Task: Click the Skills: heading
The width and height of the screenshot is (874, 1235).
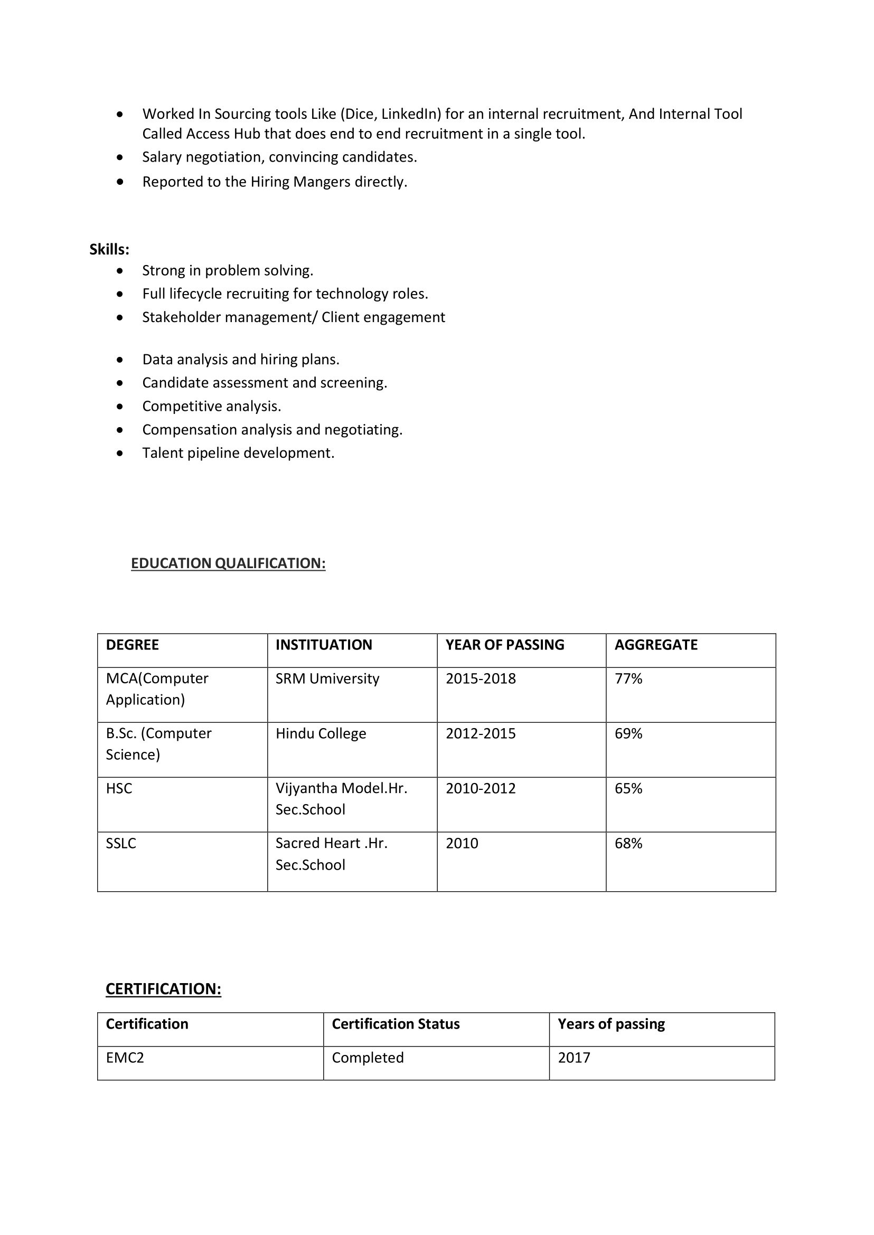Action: click(x=109, y=250)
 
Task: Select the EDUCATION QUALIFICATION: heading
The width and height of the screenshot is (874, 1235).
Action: click(x=228, y=563)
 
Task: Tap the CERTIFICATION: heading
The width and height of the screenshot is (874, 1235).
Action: click(x=163, y=988)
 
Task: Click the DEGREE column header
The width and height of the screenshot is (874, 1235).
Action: click(x=133, y=645)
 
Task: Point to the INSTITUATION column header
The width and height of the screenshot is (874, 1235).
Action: click(x=323, y=645)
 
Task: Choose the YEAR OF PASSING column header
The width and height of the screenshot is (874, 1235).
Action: click(x=505, y=645)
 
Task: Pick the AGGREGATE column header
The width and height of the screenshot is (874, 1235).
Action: click(x=656, y=645)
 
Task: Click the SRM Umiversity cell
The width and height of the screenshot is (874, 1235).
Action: click(x=327, y=678)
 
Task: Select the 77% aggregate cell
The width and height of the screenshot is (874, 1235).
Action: click(x=628, y=678)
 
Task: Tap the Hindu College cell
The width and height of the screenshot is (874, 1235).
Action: click(x=321, y=733)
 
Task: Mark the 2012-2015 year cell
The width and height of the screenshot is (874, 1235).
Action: click(x=481, y=733)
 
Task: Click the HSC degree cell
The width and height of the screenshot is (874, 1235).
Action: click(x=119, y=788)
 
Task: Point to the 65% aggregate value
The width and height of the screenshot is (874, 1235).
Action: click(x=628, y=788)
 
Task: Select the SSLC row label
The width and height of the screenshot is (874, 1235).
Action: click(x=121, y=843)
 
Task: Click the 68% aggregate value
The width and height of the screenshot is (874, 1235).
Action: click(x=628, y=843)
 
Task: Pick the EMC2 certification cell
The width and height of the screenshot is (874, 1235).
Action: click(x=125, y=1058)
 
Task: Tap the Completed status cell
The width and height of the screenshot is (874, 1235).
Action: click(x=368, y=1058)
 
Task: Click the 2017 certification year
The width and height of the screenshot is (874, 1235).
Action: click(x=574, y=1058)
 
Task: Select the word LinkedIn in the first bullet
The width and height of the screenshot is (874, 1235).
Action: click(x=411, y=114)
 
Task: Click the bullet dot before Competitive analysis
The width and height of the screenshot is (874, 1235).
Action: click(x=119, y=407)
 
